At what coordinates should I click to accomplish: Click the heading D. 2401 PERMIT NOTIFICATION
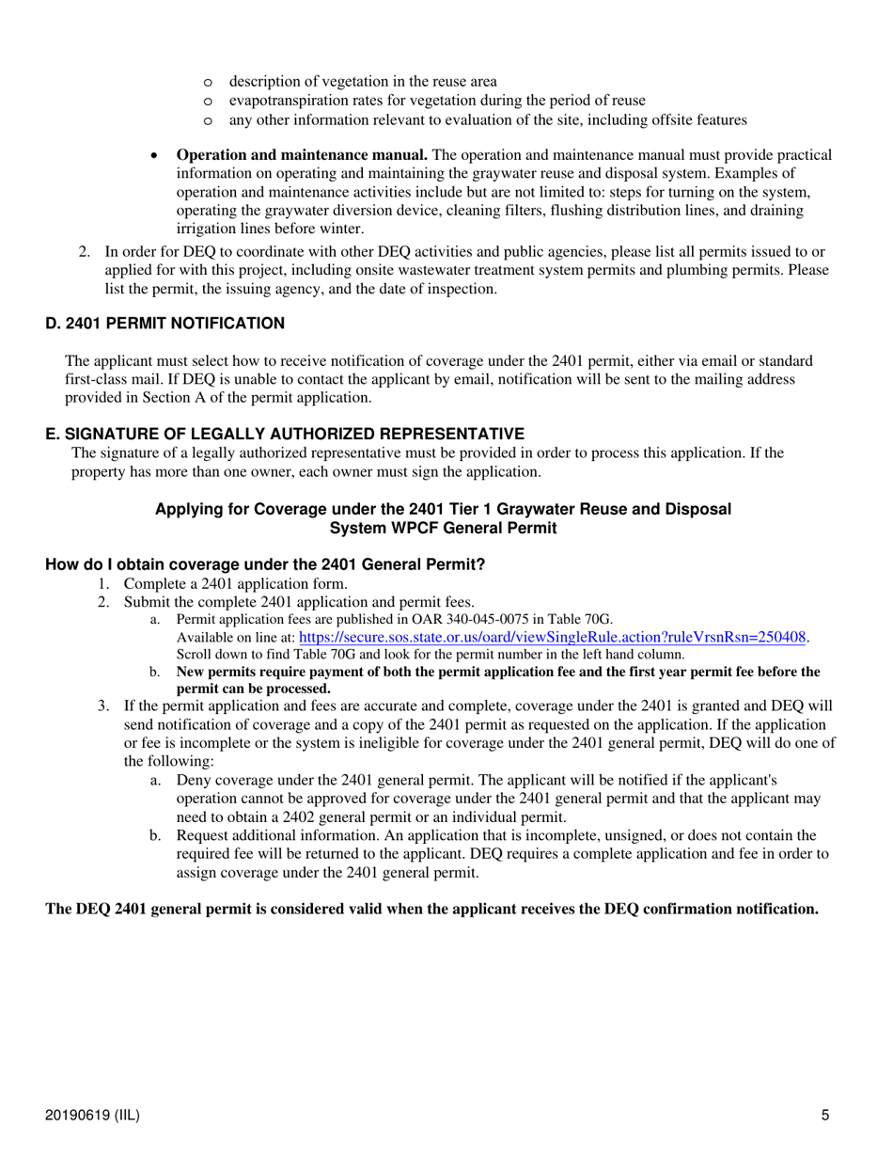click(x=165, y=324)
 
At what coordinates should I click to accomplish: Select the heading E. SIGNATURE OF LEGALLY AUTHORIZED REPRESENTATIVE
click(x=285, y=434)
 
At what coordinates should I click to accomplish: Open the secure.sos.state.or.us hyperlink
click(x=554, y=637)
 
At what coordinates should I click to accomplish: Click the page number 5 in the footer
click(x=824, y=1116)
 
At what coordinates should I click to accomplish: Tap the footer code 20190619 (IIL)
click(x=93, y=1116)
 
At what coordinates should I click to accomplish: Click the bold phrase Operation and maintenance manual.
click(x=302, y=154)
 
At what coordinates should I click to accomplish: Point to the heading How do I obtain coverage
click(x=265, y=565)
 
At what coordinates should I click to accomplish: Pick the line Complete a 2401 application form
click(x=236, y=583)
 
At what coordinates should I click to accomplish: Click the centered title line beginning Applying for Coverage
click(x=443, y=509)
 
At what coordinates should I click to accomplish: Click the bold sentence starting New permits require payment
click(x=498, y=672)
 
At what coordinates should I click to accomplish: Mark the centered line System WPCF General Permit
click(x=443, y=528)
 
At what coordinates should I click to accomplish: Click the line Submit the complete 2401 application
click(x=299, y=601)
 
